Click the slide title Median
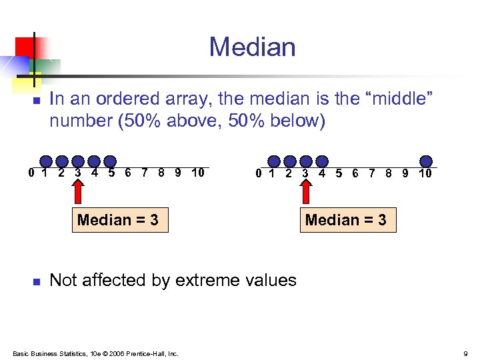pyautogui.click(x=252, y=47)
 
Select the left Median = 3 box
pyautogui.click(x=118, y=220)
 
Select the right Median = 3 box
pyautogui.click(x=345, y=220)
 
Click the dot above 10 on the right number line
pyautogui.click(x=426, y=161)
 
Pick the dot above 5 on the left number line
pyautogui.click(x=111, y=161)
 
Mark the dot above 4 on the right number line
pyautogui.click(x=322, y=161)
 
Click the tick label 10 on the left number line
pyautogui.click(x=197, y=173)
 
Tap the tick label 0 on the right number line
pyautogui.click(x=259, y=173)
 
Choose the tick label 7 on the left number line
pyautogui.click(x=145, y=173)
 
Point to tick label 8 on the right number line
pyautogui.click(x=389, y=173)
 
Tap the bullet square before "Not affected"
pyautogui.click(x=37, y=282)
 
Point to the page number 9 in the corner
pyautogui.click(x=465, y=353)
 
